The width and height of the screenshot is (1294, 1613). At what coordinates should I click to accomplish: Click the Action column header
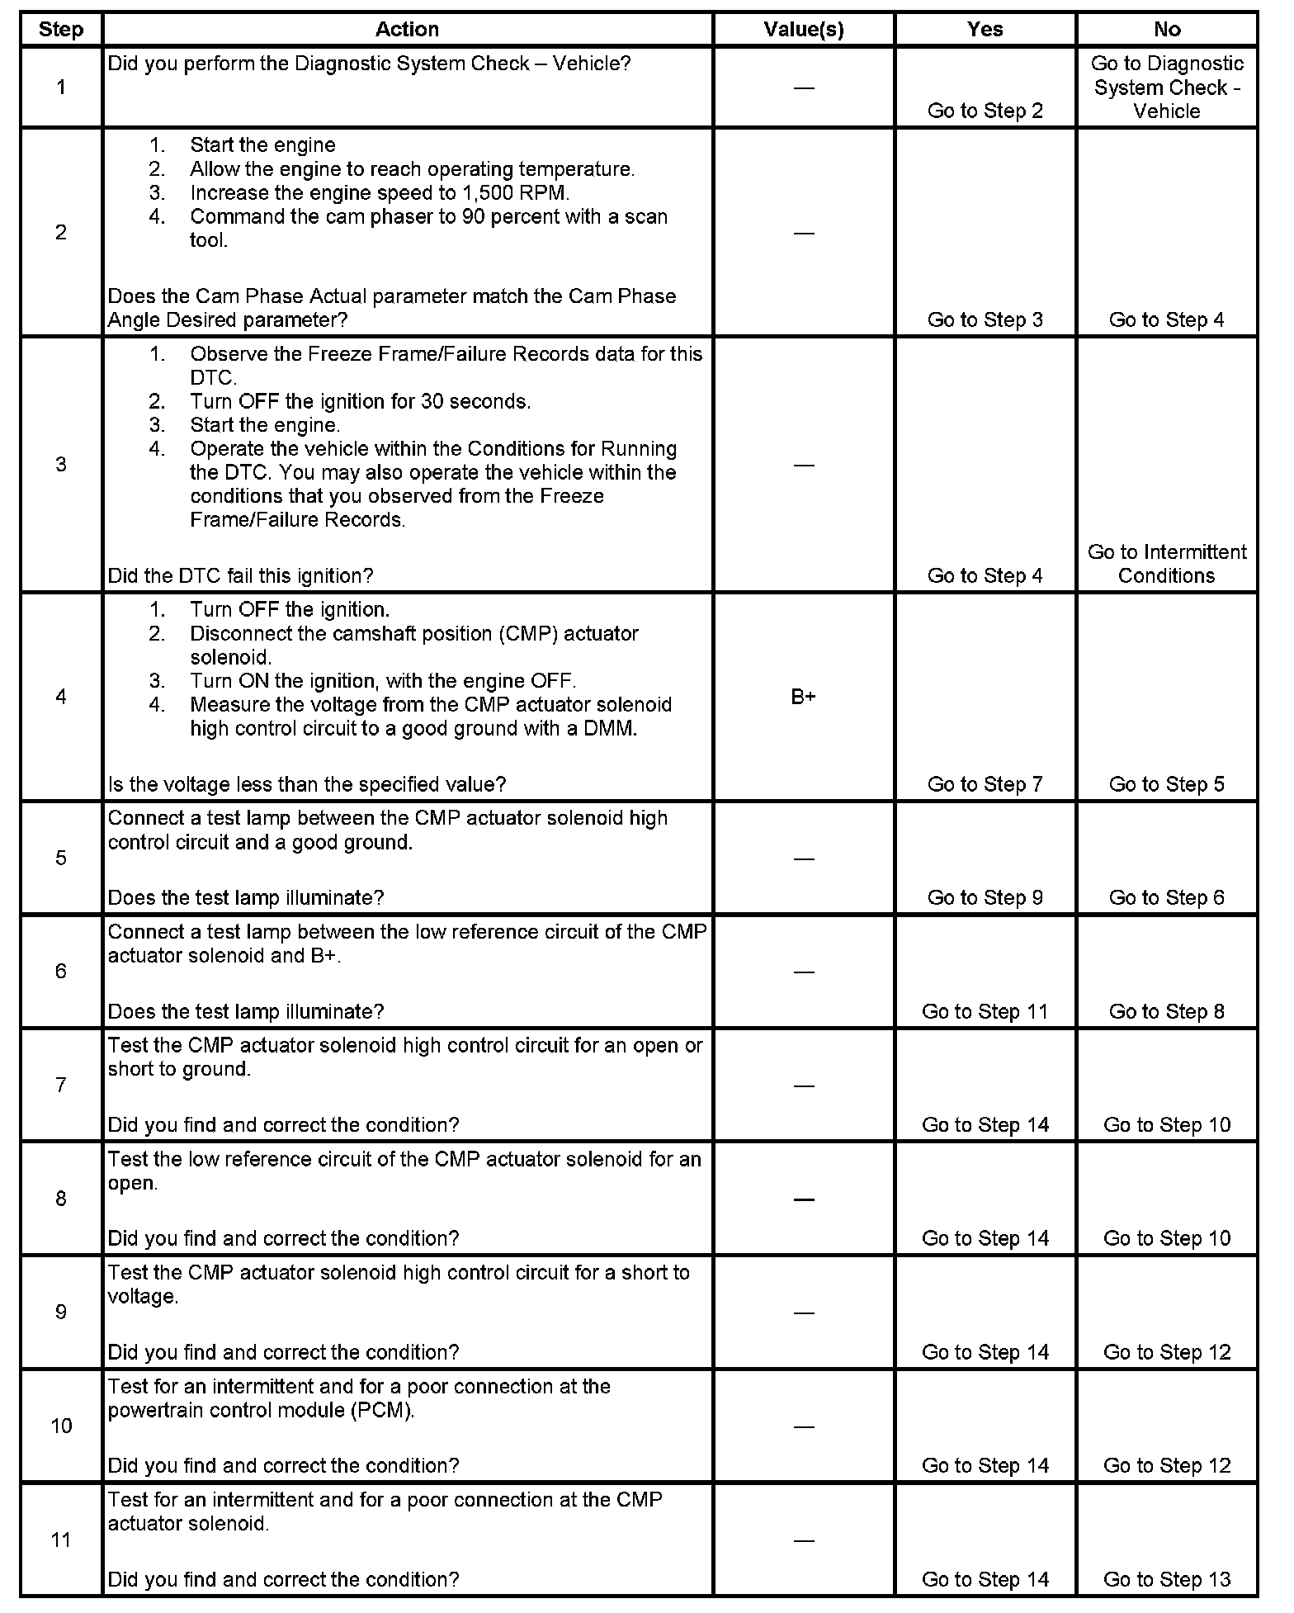pyautogui.click(x=407, y=30)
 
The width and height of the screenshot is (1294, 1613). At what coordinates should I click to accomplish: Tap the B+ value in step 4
pyautogui.click(x=803, y=697)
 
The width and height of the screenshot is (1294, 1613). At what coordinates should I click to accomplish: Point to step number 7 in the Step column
pyautogui.click(x=61, y=1085)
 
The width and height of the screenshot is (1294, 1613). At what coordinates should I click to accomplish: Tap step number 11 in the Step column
pyautogui.click(x=61, y=1540)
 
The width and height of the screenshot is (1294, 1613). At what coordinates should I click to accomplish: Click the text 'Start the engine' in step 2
pyautogui.click(x=262, y=145)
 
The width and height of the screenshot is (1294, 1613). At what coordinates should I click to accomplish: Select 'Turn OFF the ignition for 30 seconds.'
pyautogui.click(x=360, y=402)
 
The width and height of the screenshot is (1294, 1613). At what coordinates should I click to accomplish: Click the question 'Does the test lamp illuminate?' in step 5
pyautogui.click(x=246, y=897)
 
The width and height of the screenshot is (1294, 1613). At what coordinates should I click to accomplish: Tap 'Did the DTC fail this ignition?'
pyautogui.click(x=241, y=575)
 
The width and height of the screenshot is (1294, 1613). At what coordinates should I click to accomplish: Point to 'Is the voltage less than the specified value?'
pyautogui.click(x=307, y=784)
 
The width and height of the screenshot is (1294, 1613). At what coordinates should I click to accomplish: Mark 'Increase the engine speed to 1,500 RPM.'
pyautogui.click(x=380, y=193)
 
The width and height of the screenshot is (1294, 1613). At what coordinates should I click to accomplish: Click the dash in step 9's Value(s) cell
pyautogui.click(x=803, y=1313)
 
